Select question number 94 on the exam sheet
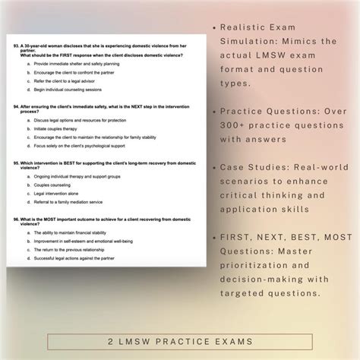(x=17, y=108)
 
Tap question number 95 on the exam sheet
(x=17, y=162)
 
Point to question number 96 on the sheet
(x=17, y=219)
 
